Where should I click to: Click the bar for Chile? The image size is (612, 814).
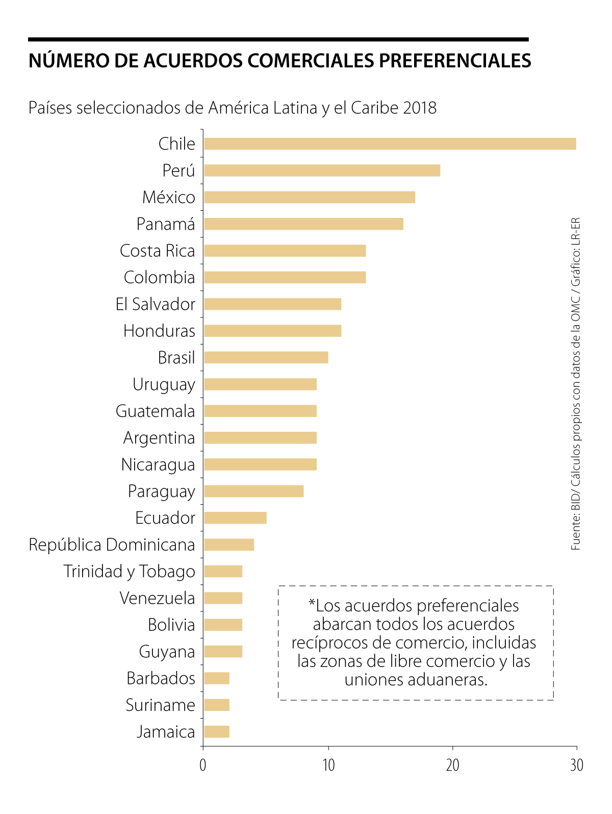390,144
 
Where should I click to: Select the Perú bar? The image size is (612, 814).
322,170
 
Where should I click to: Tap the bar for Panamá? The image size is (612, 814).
303,224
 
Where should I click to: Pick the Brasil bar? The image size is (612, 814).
266,357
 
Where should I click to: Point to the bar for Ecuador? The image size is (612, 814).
235,518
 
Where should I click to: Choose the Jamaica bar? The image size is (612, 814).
217,732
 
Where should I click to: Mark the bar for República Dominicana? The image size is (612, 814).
229,545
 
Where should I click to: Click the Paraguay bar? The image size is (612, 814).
253,491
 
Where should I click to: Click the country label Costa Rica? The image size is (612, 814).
157,251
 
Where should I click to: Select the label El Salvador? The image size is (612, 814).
155,304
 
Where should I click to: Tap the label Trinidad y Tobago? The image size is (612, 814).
129,572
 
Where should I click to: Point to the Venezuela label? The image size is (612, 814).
157,598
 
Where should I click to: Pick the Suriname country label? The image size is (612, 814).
160,705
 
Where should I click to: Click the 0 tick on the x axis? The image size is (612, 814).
203,766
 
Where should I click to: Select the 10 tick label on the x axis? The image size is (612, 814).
328,766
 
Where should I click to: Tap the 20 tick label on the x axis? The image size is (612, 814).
453,766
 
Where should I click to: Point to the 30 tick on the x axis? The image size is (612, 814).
577,766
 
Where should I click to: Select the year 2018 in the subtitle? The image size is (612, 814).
419,108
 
